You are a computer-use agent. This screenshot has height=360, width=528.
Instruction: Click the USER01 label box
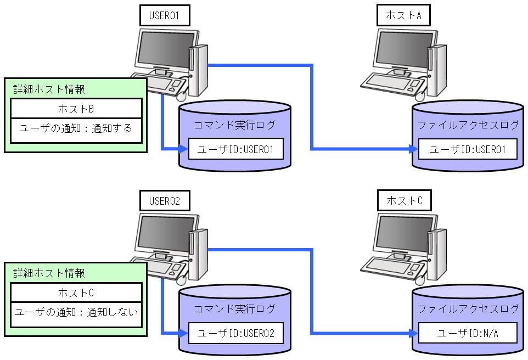coord(164,16)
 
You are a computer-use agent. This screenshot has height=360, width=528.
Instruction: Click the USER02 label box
coord(164,201)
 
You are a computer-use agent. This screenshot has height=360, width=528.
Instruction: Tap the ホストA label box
coord(403,16)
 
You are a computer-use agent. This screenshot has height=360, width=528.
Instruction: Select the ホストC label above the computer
coord(404,201)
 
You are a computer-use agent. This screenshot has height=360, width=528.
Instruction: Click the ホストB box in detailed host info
coord(76,108)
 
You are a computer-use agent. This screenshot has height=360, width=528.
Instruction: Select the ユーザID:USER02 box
coord(236,334)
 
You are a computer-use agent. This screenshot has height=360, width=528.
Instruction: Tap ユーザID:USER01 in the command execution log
coord(236,149)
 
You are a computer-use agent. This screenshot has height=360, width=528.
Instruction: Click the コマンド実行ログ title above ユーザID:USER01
coord(235,125)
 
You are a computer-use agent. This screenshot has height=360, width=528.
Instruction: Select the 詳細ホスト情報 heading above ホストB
coord(49,88)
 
